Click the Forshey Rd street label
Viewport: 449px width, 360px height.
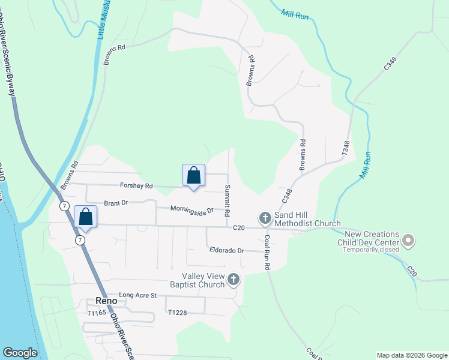(137, 186)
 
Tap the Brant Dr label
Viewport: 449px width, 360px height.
(116, 203)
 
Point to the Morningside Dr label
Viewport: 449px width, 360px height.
(183, 210)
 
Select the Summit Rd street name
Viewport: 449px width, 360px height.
(228, 201)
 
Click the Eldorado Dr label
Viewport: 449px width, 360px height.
(226, 250)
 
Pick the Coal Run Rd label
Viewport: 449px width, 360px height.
(267, 251)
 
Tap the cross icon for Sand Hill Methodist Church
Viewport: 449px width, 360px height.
(265, 217)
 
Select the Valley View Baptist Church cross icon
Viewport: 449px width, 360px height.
(233, 279)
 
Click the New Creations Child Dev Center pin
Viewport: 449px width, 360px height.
(408, 240)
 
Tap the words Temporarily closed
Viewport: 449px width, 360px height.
(371, 250)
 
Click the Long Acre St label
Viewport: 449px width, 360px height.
(137, 295)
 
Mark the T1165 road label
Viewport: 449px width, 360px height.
(96, 313)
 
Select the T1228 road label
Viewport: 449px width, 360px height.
(178, 313)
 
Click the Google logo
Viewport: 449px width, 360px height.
(20, 353)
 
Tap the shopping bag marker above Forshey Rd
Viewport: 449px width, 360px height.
(193, 176)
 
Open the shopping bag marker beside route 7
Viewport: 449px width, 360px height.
(85, 217)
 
